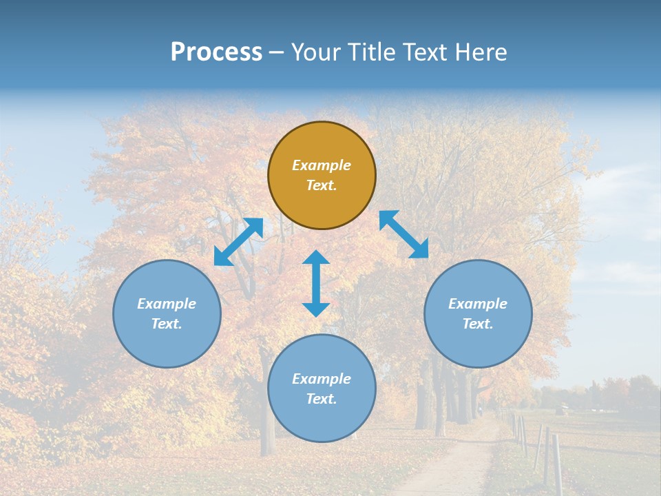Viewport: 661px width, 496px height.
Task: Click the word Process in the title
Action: [216, 52]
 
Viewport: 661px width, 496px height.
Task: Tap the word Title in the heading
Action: [373, 52]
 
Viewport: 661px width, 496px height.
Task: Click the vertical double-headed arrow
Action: [316, 283]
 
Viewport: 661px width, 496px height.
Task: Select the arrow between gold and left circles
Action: [238, 242]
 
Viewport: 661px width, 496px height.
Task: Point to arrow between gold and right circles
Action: [403, 234]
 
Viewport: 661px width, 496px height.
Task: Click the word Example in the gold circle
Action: [322, 165]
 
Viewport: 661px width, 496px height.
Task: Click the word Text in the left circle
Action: [167, 324]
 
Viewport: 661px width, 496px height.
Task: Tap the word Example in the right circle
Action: [478, 304]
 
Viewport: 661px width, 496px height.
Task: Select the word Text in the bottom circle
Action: [322, 399]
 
